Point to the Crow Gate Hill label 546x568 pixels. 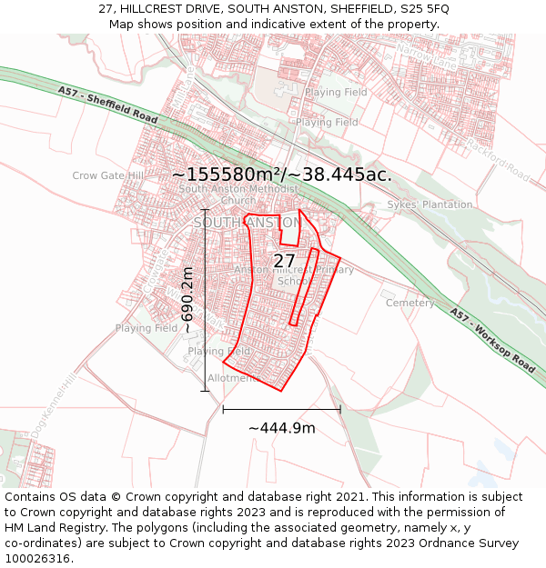pos(108,175)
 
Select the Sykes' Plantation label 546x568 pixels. pos(430,204)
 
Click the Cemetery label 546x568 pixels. pos(410,303)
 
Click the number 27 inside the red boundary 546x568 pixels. pos(284,261)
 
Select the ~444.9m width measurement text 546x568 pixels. pos(282,428)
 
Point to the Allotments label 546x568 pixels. pos(228,377)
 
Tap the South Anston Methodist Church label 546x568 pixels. pos(238,194)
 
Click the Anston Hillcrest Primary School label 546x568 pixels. pos(294,275)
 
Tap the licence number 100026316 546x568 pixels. pos(37,558)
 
